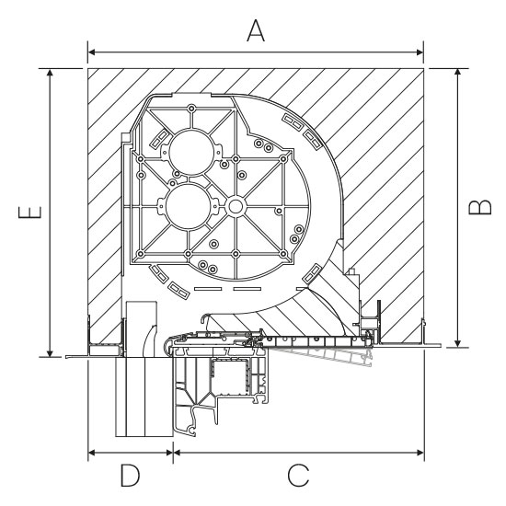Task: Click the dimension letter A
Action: click(x=256, y=30)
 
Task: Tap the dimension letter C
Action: click(x=298, y=476)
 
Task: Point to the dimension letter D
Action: click(x=130, y=476)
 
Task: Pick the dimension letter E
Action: click(x=30, y=213)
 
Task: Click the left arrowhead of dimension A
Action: click(x=91, y=52)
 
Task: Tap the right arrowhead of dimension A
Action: click(x=420, y=52)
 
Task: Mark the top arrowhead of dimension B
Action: click(x=457, y=72)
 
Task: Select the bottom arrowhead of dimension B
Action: click(x=457, y=344)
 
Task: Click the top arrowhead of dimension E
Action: click(x=50, y=72)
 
